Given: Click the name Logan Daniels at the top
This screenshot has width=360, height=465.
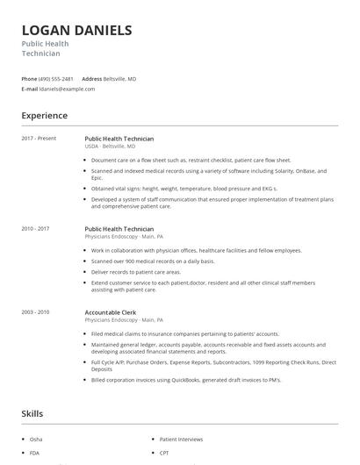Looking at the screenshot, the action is click(77, 31).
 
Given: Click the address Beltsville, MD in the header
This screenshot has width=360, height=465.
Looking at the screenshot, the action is click(120, 79).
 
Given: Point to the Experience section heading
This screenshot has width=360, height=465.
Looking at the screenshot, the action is click(45, 116).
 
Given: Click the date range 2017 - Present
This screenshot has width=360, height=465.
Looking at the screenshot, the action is click(39, 139).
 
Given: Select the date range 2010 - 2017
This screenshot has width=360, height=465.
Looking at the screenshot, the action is click(36, 229).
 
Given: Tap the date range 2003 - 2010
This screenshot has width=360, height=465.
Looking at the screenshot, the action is click(36, 312).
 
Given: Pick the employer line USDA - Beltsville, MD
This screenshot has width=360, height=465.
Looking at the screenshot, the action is click(117, 147).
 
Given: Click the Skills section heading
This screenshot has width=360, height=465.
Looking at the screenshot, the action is click(32, 413).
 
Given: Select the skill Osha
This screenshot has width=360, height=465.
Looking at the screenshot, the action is click(36, 439).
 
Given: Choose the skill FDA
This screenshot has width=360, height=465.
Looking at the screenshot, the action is click(35, 454).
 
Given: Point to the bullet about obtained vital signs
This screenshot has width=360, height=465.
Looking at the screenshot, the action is click(184, 189).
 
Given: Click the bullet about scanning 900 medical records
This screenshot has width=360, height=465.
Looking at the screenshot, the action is click(153, 261).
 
